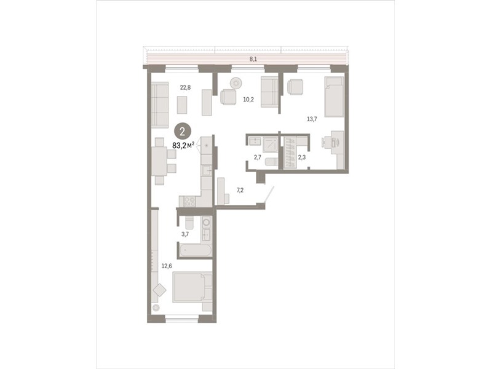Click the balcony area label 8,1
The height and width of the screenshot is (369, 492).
coord(253,59)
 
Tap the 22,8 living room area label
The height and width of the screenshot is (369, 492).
coord(185,87)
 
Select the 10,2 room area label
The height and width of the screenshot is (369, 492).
coord(248,100)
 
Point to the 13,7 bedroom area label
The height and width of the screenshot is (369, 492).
coord(312,119)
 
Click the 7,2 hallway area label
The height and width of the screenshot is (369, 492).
coord(240,190)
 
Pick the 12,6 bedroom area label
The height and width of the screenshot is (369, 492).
coord(167,266)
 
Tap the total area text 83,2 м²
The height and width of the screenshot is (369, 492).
coord(183,145)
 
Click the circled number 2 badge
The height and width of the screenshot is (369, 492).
coord(182,131)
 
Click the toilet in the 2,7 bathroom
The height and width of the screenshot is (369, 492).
coord(271,162)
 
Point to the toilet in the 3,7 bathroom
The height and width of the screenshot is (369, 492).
coord(189,223)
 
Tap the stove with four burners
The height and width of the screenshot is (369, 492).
coord(189,201)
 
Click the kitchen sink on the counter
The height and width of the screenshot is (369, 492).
coord(207,171)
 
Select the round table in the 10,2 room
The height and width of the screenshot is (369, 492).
coord(236,83)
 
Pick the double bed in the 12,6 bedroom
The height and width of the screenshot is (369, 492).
coord(192,287)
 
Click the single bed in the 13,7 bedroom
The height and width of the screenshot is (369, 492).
coord(334,97)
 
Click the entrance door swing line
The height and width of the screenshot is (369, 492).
coord(269,194)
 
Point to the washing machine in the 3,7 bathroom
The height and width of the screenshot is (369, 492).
coord(206,223)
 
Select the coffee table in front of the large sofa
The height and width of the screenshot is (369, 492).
coord(182,105)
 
